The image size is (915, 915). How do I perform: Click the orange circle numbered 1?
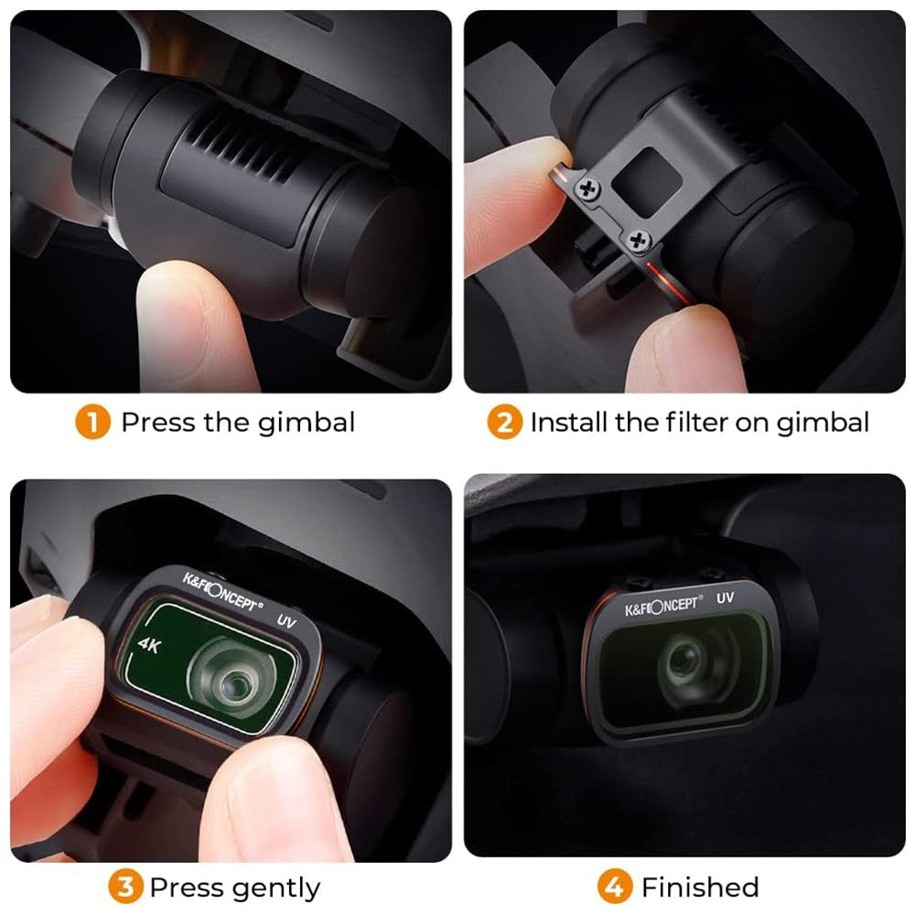coord(92,421)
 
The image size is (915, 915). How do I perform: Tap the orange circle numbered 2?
coord(505,421)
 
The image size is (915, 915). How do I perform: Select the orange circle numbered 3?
coord(125,887)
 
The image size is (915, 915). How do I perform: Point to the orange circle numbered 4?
coord(615,887)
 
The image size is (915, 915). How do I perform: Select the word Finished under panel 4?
coord(700,887)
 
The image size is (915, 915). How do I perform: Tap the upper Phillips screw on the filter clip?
coord(587,188)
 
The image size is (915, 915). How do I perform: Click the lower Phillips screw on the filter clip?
coord(638,241)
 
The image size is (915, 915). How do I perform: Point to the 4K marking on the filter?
coord(149,645)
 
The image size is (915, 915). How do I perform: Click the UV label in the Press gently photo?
coord(286,621)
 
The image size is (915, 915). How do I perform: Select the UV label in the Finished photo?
coord(725,598)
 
